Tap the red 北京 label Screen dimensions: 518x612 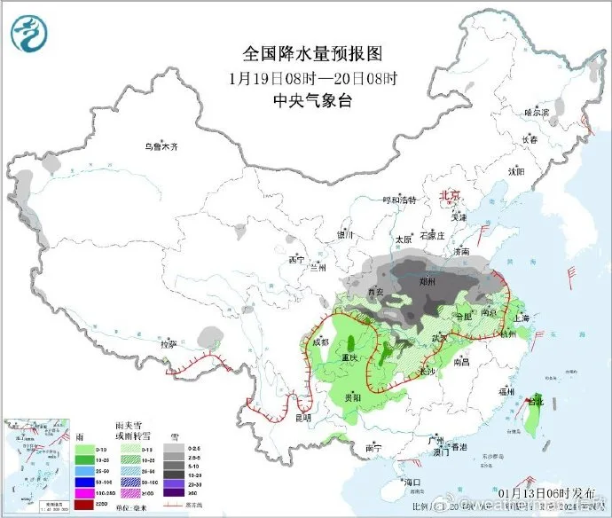click(451, 196)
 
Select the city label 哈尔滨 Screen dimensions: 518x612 click(537, 113)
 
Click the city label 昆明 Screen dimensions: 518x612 click(303, 417)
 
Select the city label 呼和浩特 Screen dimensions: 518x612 click(398, 200)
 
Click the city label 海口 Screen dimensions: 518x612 click(410, 483)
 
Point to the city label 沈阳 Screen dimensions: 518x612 click(514, 170)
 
